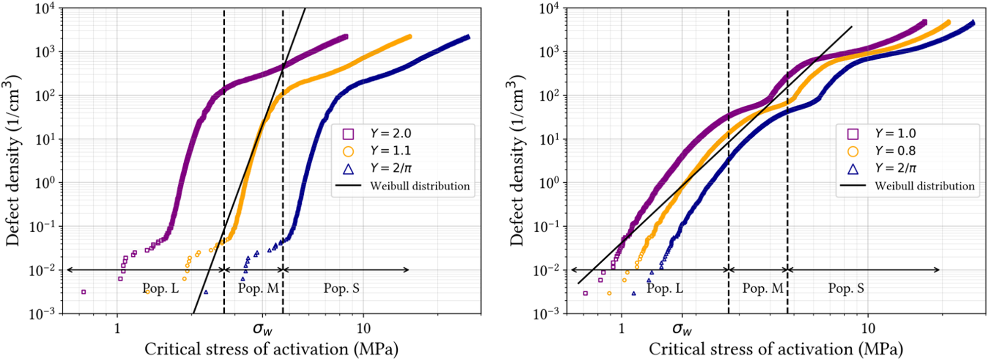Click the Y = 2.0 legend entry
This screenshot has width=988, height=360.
coord(390,133)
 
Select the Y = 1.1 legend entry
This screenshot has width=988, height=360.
coord(390,151)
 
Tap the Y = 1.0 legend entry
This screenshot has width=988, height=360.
coord(895,133)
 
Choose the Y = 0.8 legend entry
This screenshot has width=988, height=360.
coord(895,151)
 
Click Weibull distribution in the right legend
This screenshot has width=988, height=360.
coord(924,186)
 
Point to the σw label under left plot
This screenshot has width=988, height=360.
coord(262,328)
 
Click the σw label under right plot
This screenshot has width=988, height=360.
coord(682,328)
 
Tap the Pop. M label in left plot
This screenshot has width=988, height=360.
coord(258,288)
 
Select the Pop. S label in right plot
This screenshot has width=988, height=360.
coord(846,288)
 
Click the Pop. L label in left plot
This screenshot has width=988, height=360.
coord(161,288)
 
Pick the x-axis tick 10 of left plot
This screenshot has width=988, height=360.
coord(363,328)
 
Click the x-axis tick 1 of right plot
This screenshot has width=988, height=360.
coord(621,328)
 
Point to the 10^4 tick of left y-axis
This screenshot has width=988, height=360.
coord(45,9)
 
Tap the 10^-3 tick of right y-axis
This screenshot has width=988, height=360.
coord(549,314)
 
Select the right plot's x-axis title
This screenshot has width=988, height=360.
coord(776,349)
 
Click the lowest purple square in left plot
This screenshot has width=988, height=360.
coord(83,292)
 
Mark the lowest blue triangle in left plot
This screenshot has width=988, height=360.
coord(206,292)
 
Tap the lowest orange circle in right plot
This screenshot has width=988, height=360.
coord(609,293)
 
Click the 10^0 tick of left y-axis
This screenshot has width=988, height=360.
coord(46,183)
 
